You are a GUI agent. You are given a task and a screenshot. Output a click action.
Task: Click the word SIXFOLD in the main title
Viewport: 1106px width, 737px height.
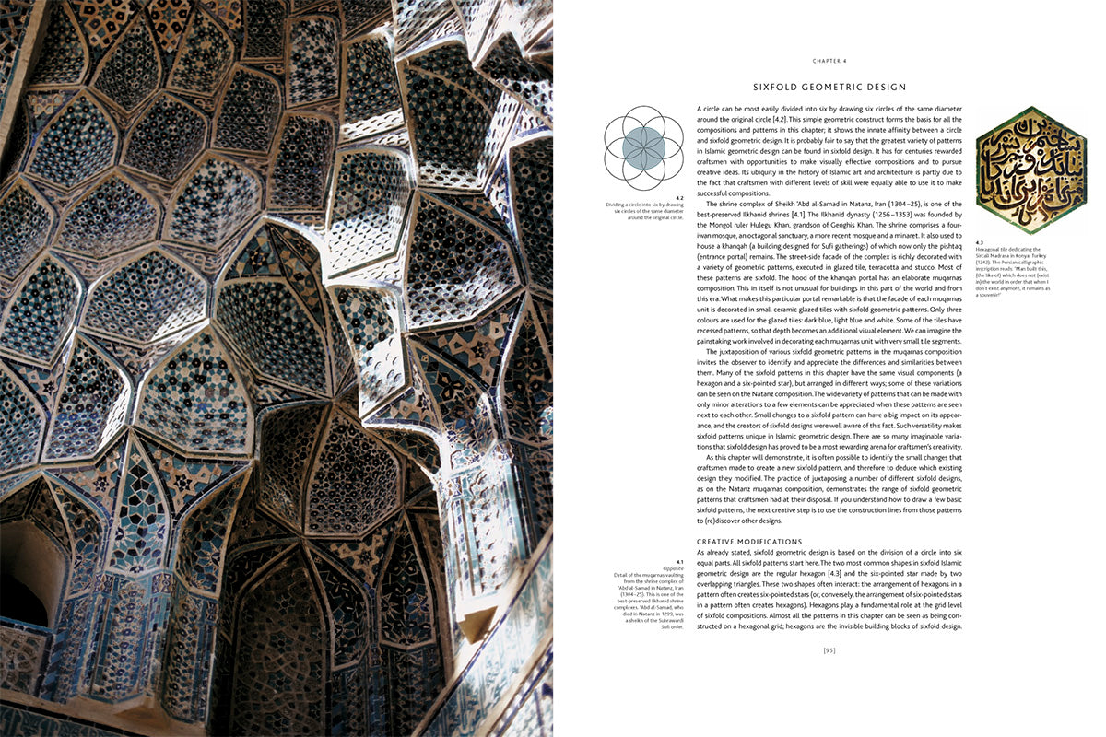coord(781,88)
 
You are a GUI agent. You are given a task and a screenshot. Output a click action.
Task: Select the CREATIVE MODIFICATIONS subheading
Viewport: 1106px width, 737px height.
coord(749,542)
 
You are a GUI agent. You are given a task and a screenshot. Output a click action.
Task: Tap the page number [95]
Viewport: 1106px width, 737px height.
coord(829,651)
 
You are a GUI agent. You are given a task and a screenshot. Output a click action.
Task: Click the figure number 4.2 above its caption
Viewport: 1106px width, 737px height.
coord(678,197)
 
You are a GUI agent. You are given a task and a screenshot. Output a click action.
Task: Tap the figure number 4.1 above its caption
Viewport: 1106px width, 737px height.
coord(679,561)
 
